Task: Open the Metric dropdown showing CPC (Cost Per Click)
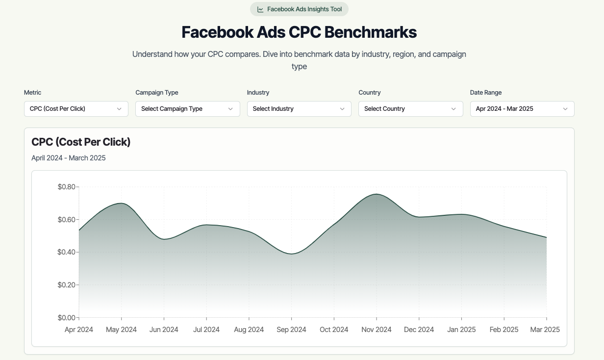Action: point(76,109)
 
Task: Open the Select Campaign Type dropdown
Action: point(188,109)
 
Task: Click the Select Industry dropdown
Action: point(299,109)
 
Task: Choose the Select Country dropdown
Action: point(411,109)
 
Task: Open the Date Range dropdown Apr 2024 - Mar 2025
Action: point(522,109)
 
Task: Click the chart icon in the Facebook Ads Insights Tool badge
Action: point(260,9)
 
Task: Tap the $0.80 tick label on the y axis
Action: point(66,187)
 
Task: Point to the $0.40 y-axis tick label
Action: point(66,252)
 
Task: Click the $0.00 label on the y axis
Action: point(66,318)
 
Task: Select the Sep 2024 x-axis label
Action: point(291,330)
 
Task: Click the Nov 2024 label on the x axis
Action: point(377,330)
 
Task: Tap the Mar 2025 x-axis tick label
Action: point(545,330)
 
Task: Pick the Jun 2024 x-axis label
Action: point(164,330)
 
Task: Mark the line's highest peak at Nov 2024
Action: point(377,194)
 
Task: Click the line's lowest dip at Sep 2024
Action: point(292,254)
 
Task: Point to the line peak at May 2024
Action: point(122,204)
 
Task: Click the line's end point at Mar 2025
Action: point(547,237)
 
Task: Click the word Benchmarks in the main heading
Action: point(371,32)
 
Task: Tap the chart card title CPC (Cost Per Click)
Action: point(81,142)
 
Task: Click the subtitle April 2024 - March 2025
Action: point(69,158)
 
